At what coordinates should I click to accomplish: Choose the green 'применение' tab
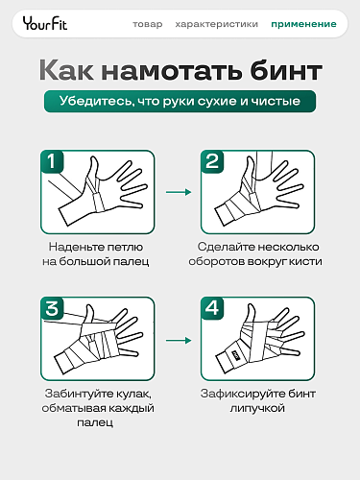303,24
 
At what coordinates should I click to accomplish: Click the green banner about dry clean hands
180,103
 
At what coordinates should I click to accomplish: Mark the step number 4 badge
213,309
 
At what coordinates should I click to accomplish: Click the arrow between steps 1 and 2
178,192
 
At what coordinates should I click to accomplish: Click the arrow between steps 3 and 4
178,340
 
